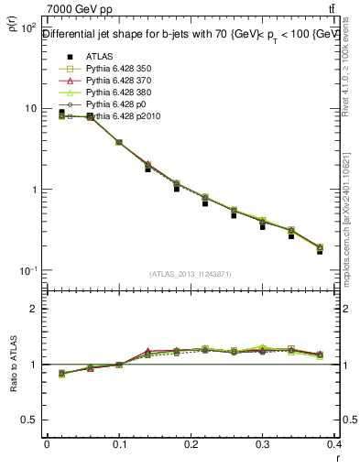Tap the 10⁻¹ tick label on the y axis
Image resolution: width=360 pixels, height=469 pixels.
pyautogui.click(x=27, y=271)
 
